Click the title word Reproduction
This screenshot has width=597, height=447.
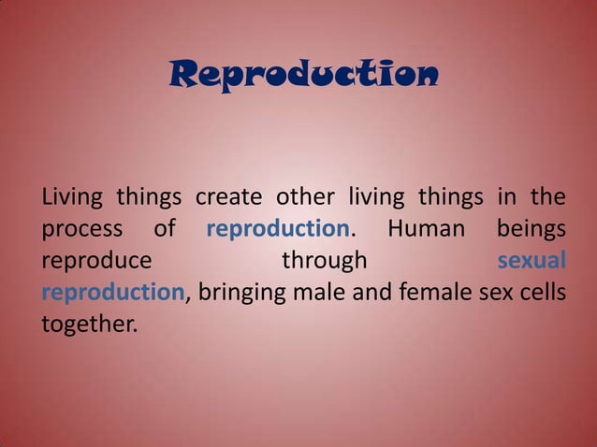coord(301,75)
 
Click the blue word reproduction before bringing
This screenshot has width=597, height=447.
coord(112,294)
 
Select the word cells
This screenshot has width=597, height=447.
coord(538,293)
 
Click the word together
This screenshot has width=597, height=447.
coord(87,325)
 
